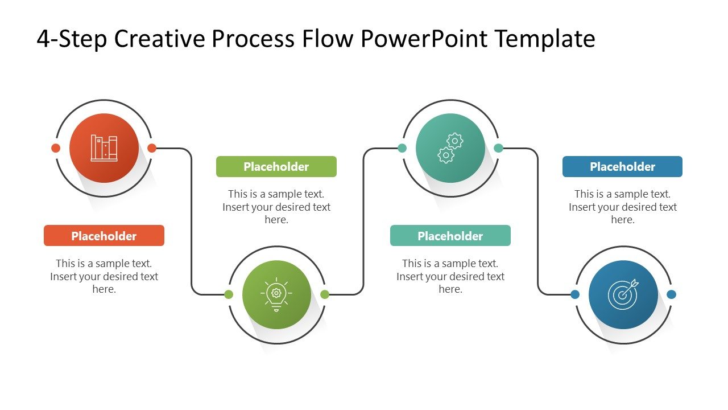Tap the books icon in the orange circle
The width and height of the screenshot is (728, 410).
point(104,148)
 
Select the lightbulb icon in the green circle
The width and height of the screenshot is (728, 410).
point(276,294)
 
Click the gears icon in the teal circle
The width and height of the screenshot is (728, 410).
point(450,148)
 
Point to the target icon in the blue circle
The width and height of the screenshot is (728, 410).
point(623,294)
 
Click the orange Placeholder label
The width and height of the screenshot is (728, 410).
point(104,236)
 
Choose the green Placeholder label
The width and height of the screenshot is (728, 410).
point(276,167)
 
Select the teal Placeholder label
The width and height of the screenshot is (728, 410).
point(450,236)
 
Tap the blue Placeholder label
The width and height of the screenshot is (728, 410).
point(622,167)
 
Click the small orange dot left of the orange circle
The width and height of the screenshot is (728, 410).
point(56,148)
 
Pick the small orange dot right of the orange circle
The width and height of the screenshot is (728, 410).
point(152,148)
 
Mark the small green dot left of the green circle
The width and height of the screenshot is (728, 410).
point(229,294)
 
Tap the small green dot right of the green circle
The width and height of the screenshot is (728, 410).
point(325,294)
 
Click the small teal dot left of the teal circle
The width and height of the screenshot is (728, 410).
point(402,148)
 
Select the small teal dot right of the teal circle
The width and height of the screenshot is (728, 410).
point(499,148)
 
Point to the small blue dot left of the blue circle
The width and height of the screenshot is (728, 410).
point(575,294)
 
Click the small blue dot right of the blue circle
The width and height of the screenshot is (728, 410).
point(671,294)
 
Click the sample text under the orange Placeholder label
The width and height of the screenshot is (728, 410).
point(104,276)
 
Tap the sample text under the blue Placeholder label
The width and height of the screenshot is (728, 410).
point(622,207)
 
